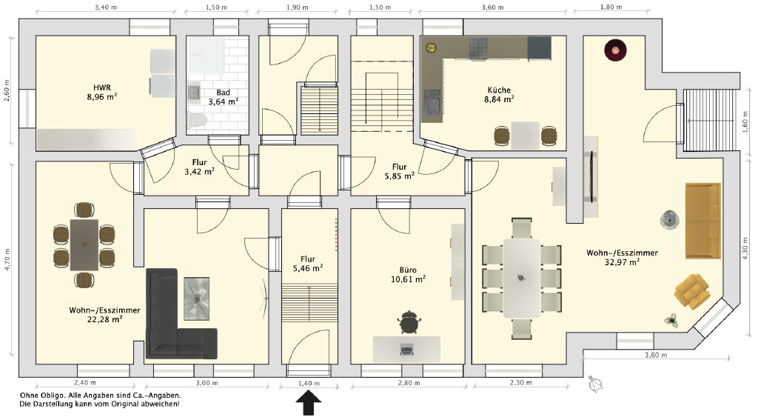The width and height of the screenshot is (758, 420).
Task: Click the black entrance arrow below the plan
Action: pyautogui.click(x=309, y=403)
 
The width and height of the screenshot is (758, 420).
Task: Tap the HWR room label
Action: pyautogui.click(x=102, y=92)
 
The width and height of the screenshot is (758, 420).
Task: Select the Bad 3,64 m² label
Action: pyautogui.click(x=223, y=97)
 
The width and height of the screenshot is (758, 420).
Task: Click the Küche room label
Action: pyautogui.click(x=499, y=94)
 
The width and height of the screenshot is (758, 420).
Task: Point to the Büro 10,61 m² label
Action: pyautogui.click(x=408, y=274)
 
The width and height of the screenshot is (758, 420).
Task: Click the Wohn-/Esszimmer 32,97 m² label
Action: pyautogui.click(x=622, y=257)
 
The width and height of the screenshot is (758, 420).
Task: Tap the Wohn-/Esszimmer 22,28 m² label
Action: pyautogui.click(x=104, y=315)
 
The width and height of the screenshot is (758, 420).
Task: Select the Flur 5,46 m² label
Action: pyautogui.click(x=308, y=264)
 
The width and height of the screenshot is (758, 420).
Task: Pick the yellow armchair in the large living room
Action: pyautogui.click(x=692, y=290)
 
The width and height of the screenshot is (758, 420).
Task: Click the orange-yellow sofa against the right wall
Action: pyautogui.click(x=703, y=221)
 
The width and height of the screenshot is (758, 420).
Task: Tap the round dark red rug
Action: pyautogui.click(x=615, y=50)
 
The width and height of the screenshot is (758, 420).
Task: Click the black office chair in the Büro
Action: pyautogui.click(x=409, y=322)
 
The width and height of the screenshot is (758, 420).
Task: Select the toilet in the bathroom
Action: pyautogui.click(x=197, y=119)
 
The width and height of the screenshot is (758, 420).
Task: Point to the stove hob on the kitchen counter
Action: pyautogui.click(x=478, y=48)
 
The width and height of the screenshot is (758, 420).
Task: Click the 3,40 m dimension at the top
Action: pyautogui.click(x=106, y=7)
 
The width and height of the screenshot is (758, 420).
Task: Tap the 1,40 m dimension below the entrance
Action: pyautogui.click(x=309, y=383)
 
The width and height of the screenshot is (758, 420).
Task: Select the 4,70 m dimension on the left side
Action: pyautogui.click(x=7, y=259)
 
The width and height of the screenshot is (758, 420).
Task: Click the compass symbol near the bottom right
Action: pyautogui.click(x=596, y=384)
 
